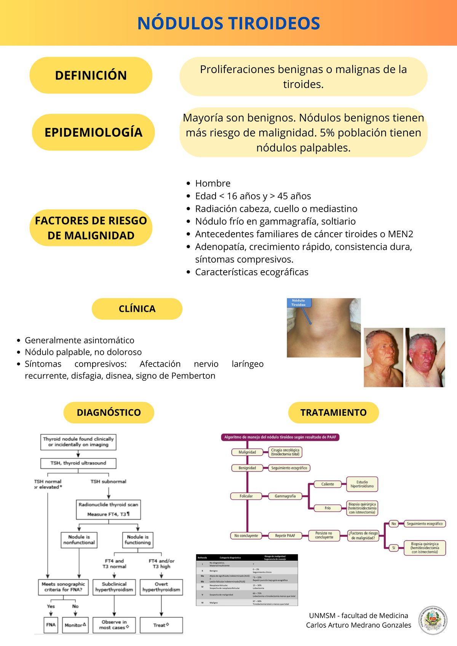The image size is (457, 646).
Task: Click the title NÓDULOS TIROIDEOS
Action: (228, 24)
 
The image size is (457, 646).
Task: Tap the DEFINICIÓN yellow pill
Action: (91, 75)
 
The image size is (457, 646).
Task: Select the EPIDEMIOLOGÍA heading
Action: (93, 132)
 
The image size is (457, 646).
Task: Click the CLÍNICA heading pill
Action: (137, 309)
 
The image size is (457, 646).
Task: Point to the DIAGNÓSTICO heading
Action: (109, 413)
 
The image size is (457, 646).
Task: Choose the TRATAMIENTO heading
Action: (333, 413)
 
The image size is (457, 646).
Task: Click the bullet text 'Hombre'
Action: (213, 183)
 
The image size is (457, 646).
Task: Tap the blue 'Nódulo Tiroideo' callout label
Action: (299, 303)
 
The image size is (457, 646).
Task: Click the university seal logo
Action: (433, 620)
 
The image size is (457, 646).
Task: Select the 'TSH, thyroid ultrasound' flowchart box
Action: (78, 463)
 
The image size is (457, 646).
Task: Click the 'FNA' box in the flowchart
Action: (51, 625)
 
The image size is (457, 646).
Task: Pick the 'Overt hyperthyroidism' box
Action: (161, 587)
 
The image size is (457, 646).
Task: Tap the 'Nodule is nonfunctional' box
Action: (79, 540)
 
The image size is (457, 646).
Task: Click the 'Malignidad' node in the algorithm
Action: (247, 452)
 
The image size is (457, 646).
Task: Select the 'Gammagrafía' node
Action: (285, 496)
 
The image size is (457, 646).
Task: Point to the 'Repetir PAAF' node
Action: (285, 536)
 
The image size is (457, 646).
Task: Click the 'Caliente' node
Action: (328, 484)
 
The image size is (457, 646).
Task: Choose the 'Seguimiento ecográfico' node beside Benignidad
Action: (289, 468)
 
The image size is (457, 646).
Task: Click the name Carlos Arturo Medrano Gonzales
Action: (358, 625)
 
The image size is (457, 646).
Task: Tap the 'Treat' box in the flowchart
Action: (161, 625)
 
